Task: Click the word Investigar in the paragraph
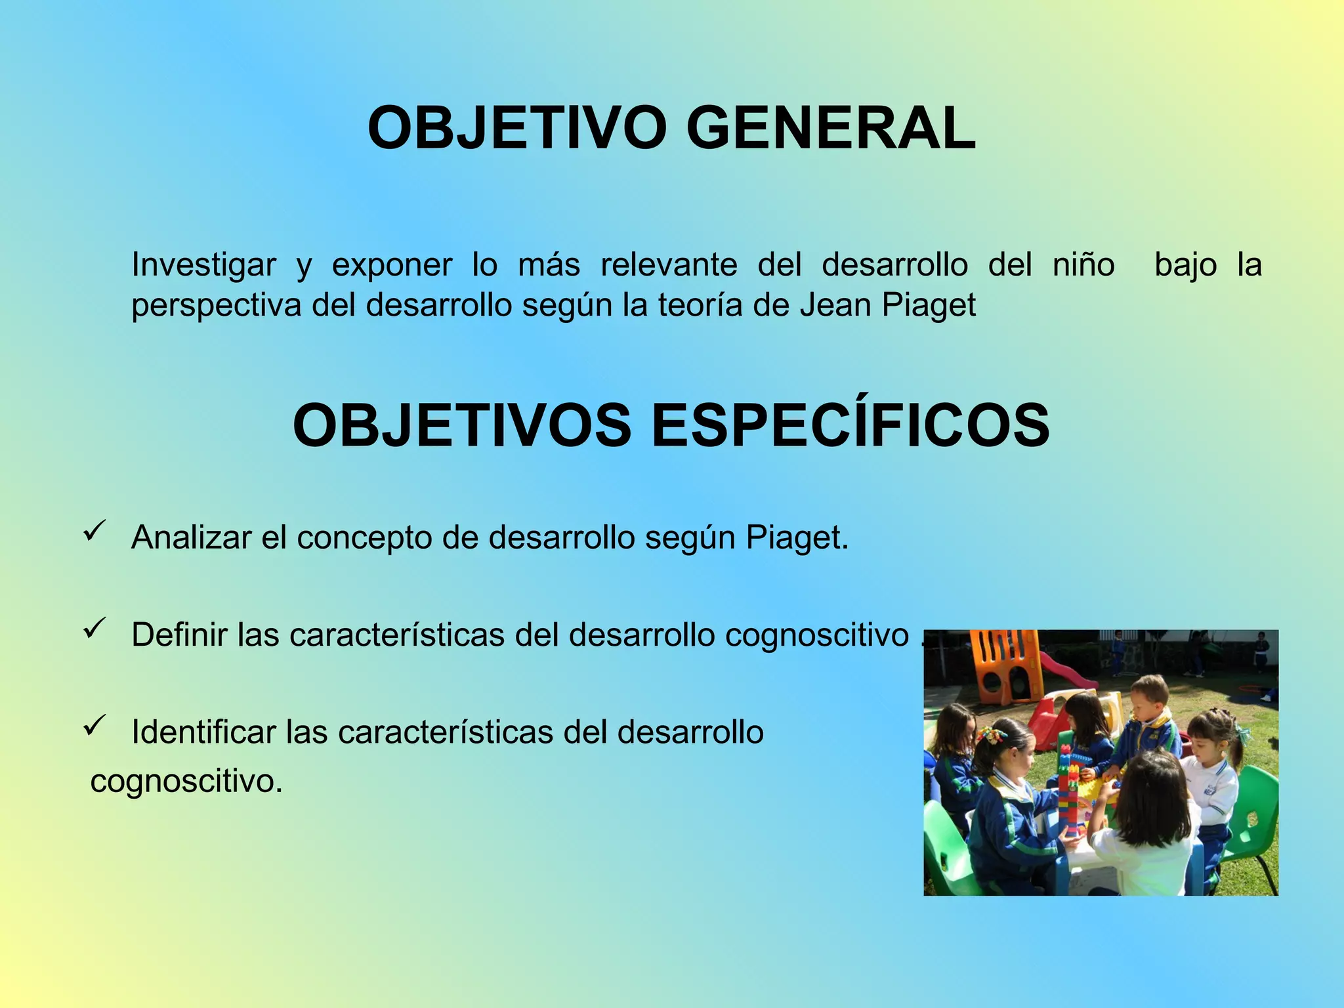[203, 265]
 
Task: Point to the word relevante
[669, 265]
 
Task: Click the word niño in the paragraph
[1083, 265]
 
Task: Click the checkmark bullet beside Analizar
[95, 530]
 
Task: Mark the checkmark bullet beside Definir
[95, 628]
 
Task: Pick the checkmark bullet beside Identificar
[95, 725]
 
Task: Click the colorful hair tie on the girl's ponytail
[991, 735]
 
